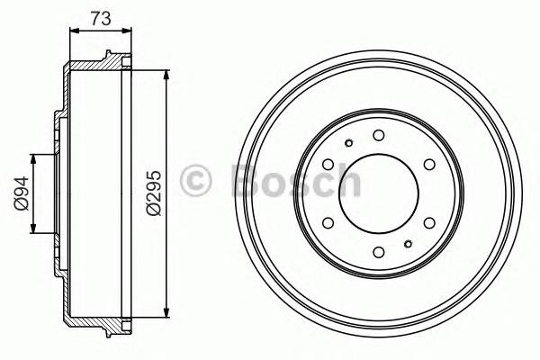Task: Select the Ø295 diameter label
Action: [152, 193]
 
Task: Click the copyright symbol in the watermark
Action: [196, 181]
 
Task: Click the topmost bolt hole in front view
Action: [378, 135]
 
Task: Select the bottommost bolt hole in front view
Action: [378, 251]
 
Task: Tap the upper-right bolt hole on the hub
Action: [428, 164]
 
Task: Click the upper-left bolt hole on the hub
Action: [328, 164]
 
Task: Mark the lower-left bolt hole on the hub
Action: [328, 222]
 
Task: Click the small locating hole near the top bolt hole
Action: [348, 142]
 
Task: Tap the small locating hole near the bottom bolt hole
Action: [408, 244]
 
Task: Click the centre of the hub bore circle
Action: [378, 193]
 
